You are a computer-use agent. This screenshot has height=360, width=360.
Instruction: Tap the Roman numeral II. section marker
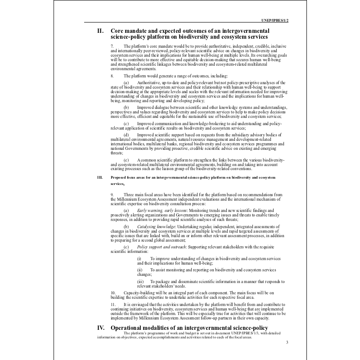point(101,31)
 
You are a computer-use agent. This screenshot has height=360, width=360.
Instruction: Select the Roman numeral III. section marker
point(100,178)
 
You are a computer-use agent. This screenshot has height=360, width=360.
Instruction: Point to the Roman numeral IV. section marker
point(101,328)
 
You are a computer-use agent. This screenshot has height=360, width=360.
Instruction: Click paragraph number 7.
point(112,46)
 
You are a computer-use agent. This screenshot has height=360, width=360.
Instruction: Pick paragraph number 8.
point(112,76)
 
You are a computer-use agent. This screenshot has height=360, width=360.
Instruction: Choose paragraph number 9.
point(112,194)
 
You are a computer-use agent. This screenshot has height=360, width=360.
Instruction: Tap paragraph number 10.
point(112,292)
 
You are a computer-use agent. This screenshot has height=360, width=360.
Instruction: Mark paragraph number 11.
point(112,305)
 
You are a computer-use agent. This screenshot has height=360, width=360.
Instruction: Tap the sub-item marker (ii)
point(139,270)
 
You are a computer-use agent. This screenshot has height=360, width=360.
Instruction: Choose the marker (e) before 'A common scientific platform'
point(126,160)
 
